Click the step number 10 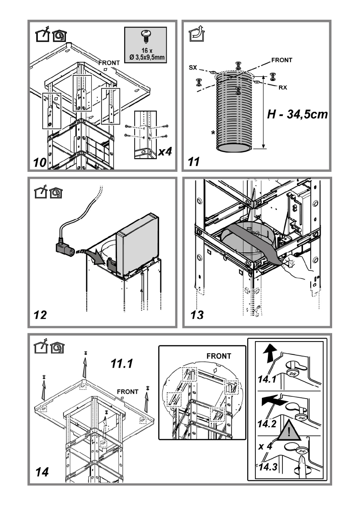(x=40, y=162)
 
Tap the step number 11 (x=194, y=162)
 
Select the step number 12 (x=40, y=315)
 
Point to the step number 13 (x=197, y=315)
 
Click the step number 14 (x=42, y=472)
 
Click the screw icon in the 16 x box (x=145, y=37)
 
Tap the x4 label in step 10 (x=165, y=151)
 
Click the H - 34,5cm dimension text (x=297, y=114)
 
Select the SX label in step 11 (x=193, y=68)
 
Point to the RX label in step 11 (x=282, y=87)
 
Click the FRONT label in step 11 (x=282, y=60)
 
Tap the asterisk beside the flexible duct (x=213, y=133)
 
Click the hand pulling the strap (x=296, y=266)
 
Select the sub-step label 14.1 (x=267, y=379)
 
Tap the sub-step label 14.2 (x=267, y=424)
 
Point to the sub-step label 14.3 (x=268, y=467)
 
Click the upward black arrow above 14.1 (x=270, y=354)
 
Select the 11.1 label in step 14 (x=122, y=363)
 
